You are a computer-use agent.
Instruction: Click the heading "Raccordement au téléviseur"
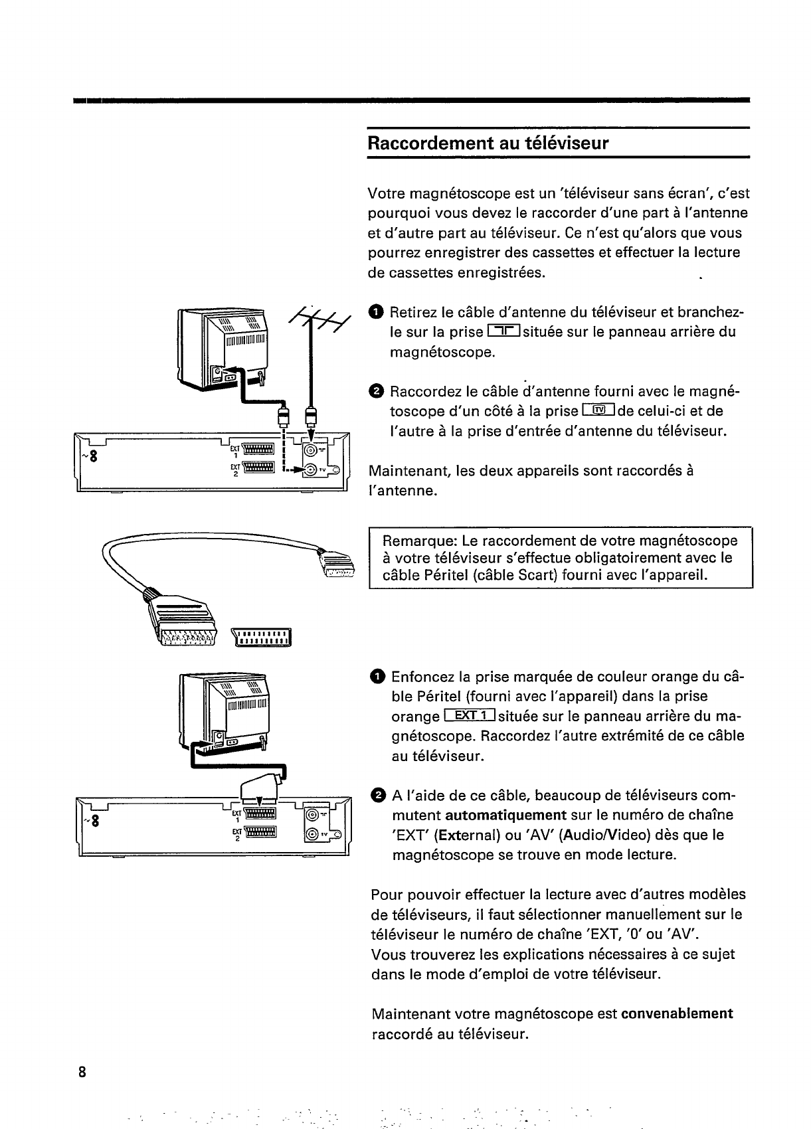click(x=488, y=143)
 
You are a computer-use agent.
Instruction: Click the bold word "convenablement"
click(x=677, y=1014)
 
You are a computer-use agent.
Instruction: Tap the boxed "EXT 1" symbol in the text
click(x=469, y=716)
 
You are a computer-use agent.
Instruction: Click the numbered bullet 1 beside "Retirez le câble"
click(x=376, y=312)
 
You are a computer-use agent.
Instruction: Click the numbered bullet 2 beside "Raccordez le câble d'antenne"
click(x=376, y=391)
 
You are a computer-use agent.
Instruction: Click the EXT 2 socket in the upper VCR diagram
click(x=258, y=470)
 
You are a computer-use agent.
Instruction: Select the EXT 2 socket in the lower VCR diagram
click(x=260, y=833)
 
